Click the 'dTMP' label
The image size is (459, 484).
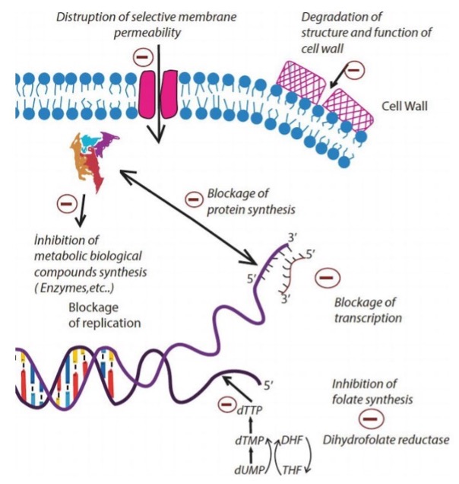[248, 439]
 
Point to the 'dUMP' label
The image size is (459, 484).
[248, 466]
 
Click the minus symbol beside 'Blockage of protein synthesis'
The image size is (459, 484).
[195, 199]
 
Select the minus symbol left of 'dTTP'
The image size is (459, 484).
[225, 403]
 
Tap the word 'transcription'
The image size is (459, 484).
[368, 317]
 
